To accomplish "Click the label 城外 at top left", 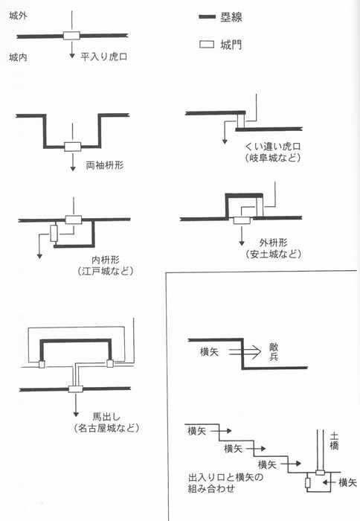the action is click(x=19, y=16).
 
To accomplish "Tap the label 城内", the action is click(x=19, y=57).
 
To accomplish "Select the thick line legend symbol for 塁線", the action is click(x=208, y=16).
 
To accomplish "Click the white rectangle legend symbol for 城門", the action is click(x=207, y=44).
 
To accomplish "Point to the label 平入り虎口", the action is click(x=104, y=57).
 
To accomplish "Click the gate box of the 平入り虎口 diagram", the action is click(x=71, y=36).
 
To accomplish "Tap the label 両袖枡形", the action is click(x=105, y=165).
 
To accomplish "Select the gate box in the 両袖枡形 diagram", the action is click(x=73, y=147).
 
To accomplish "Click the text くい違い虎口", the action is click(x=273, y=146).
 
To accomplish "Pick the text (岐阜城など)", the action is click(x=273, y=158).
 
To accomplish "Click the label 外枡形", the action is click(x=273, y=243).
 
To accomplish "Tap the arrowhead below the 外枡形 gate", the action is click(x=242, y=243).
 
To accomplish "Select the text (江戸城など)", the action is click(x=106, y=271).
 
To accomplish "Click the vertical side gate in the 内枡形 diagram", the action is click(x=54, y=233).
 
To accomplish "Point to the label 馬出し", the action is click(x=106, y=417).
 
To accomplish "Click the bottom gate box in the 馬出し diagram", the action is click(x=76, y=389).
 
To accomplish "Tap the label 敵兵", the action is click(x=274, y=352).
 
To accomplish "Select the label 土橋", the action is click(x=334, y=441).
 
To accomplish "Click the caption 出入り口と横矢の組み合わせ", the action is click(x=226, y=483).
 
